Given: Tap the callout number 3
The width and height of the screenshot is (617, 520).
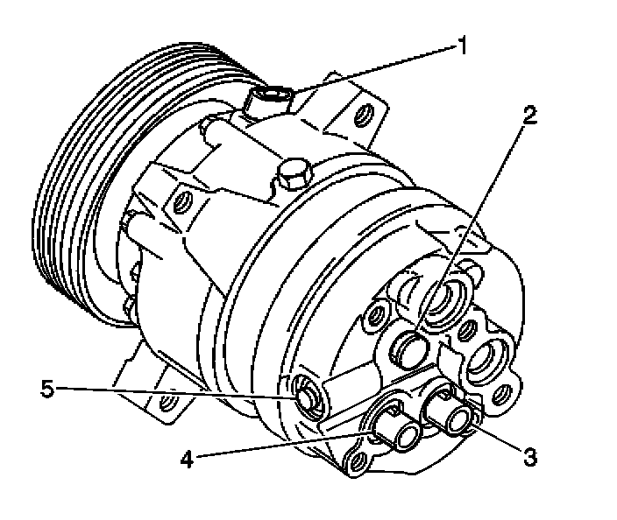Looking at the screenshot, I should [x=528, y=455].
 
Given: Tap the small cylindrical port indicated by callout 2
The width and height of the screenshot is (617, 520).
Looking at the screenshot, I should [x=409, y=348].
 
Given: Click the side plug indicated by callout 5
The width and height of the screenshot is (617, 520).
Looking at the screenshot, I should [x=306, y=397].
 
